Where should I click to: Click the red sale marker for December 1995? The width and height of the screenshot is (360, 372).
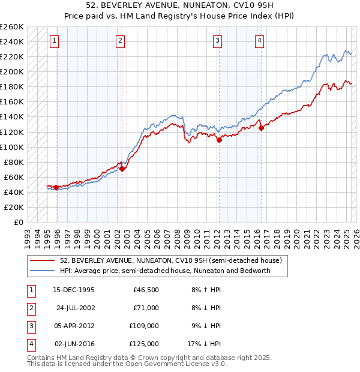click(56, 187)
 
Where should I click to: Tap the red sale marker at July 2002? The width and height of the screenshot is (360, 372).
click(122, 169)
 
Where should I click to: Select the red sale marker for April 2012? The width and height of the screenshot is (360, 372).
click(219, 140)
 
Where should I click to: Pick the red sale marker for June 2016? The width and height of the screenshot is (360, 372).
click(261, 128)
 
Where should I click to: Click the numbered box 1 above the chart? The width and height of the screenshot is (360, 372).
click(55, 41)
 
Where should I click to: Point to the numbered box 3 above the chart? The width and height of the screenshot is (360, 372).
click(217, 41)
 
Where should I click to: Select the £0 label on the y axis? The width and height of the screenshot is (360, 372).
click(17, 223)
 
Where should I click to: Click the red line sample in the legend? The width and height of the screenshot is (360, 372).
click(41, 260)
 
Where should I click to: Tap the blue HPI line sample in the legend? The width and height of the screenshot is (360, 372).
click(41, 271)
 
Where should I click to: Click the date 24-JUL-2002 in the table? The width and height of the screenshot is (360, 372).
click(76, 308)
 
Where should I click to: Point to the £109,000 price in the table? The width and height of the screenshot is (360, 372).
click(144, 326)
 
